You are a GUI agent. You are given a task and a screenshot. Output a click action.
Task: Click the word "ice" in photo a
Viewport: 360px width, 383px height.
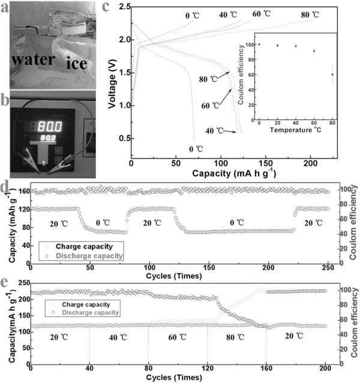coord(75,62)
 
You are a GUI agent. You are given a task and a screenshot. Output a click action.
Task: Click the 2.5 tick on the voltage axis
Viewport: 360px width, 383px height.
coord(123,7)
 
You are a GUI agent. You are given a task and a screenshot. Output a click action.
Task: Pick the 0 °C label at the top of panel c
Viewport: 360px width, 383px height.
coord(193,13)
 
